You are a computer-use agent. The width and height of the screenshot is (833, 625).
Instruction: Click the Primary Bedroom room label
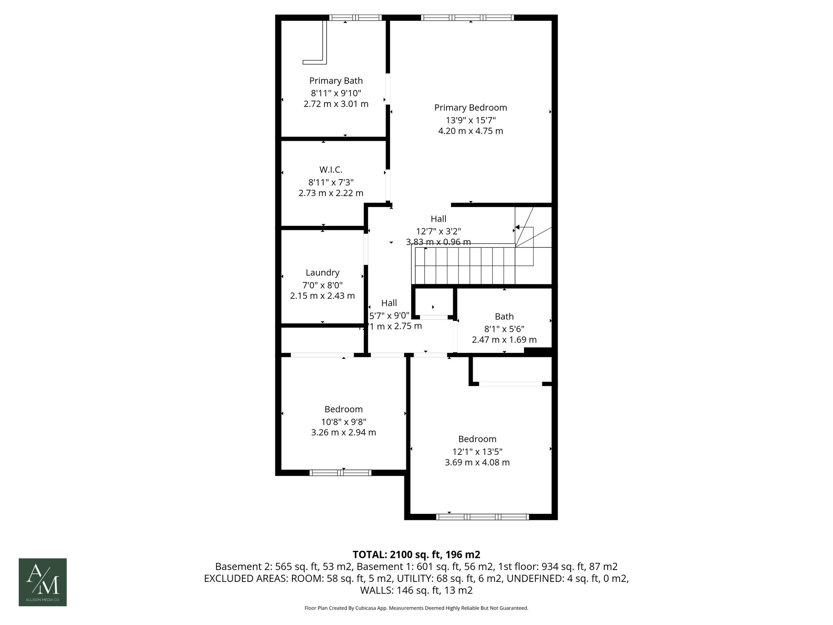tap(471, 108)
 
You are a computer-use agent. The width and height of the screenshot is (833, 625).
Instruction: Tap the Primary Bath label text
tap(336, 81)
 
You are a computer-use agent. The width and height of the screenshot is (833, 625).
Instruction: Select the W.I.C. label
tap(331, 170)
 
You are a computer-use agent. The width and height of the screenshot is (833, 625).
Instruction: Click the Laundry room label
tap(323, 273)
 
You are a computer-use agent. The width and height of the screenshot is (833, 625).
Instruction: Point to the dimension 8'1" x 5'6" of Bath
tap(504, 328)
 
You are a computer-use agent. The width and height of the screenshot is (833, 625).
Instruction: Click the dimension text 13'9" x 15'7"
tap(471, 120)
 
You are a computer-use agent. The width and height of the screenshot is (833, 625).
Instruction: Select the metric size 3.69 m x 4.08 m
tap(477, 463)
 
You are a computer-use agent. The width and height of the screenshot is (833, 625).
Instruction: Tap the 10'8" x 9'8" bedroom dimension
tap(343, 422)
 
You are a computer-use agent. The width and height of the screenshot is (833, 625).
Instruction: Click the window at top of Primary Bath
tap(355, 17)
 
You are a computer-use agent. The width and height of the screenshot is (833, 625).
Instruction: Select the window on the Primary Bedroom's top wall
tap(467, 17)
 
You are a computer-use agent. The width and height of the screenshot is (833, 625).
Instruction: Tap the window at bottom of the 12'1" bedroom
tap(482, 517)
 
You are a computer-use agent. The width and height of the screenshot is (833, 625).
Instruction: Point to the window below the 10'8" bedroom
tap(340, 473)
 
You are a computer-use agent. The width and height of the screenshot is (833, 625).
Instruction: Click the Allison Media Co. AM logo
tap(43, 582)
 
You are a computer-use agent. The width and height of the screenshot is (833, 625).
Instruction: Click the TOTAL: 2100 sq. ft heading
tap(416, 555)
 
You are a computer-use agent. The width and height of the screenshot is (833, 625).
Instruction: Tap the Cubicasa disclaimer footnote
tap(416, 608)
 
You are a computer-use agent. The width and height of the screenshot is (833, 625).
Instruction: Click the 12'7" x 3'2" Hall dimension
tap(438, 231)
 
